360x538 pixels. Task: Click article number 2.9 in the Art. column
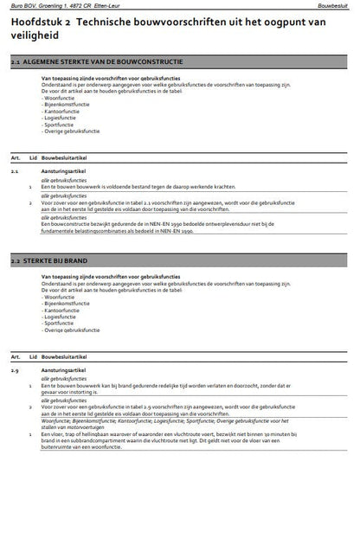tap(16, 369)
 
